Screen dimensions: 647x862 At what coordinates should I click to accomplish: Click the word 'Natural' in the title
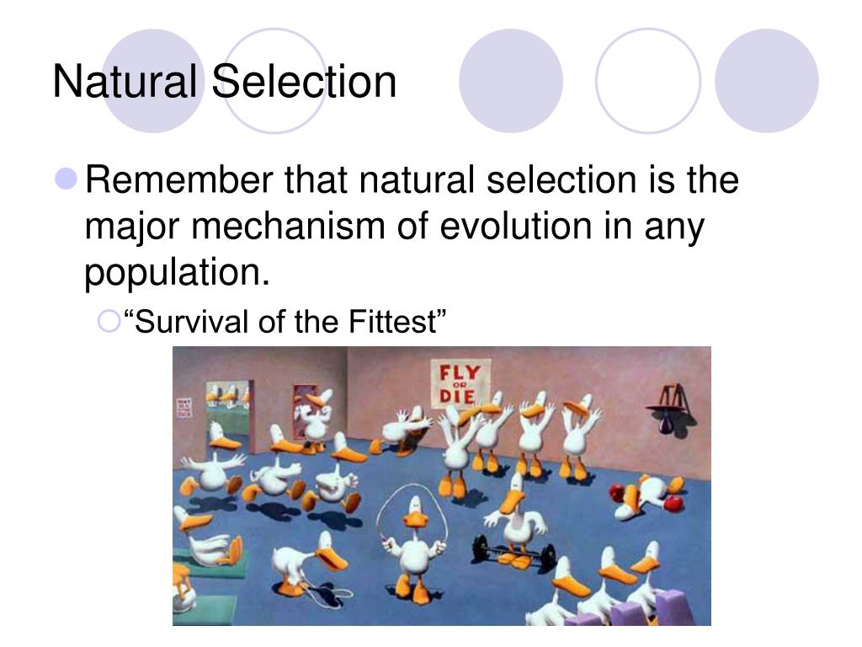[125, 82]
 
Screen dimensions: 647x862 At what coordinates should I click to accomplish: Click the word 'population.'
[178, 274]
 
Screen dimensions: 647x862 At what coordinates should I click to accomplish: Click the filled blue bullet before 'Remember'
[68, 179]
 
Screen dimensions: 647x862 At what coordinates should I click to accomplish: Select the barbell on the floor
[513, 555]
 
